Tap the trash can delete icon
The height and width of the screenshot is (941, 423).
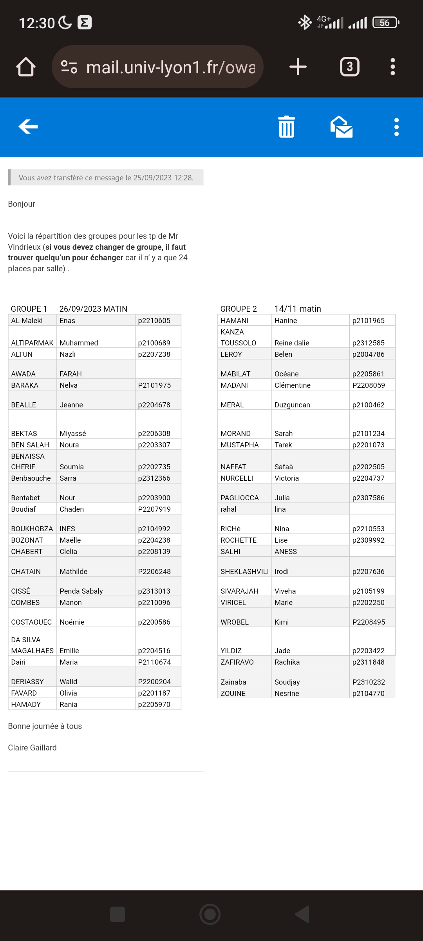(x=286, y=127)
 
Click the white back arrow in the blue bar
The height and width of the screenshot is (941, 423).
(x=28, y=126)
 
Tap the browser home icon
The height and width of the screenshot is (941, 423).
(x=26, y=67)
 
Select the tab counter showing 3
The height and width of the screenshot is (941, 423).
(x=349, y=67)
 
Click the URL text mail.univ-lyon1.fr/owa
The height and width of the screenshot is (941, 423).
(x=170, y=67)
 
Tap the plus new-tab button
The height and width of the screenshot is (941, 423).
(x=298, y=67)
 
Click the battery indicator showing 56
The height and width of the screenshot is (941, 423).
(x=385, y=23)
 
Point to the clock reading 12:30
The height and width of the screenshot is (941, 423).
(x=37, y=23)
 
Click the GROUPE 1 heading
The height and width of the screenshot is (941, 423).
(x=29, y=309)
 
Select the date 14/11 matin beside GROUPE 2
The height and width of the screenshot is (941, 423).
(x=298, y=309)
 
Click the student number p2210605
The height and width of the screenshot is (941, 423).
(x=154, y=320)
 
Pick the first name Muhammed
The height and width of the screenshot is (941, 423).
(x=79, y=343)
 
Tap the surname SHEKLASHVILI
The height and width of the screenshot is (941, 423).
(x=244, y=571)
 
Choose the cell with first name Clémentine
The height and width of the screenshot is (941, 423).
(x=293, y=385)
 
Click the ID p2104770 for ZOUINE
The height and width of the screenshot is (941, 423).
(x=369, y=693)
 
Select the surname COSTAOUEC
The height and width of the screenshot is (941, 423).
(x=31, y=622)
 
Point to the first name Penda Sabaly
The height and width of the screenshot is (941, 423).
(x=81, y=591)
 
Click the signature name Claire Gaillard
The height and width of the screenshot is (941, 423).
(x=32, y=748)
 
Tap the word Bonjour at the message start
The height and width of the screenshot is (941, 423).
(x=22, y=204)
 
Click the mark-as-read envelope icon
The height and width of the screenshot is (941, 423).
(x=342, y=127)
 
